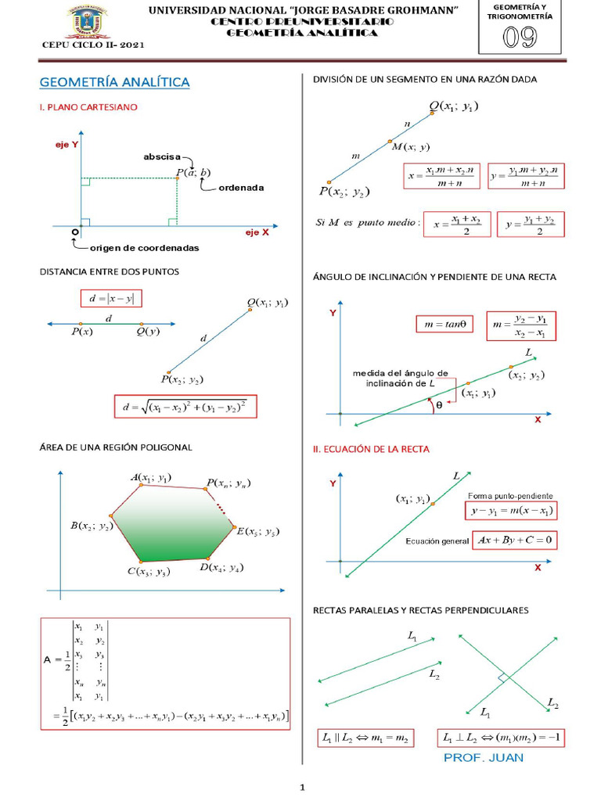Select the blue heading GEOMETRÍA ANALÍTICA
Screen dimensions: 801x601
click(x=114, y=82)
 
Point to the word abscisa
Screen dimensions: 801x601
click(x=162, y=156)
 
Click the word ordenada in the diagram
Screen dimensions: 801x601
click(x=241, y=188)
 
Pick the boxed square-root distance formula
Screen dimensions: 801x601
click(x=185, y=408)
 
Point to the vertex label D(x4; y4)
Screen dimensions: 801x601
click(x=221, y=567)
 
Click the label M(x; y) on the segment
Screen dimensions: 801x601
click(x=409, y=147)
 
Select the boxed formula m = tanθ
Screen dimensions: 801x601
click(x=444, y=324)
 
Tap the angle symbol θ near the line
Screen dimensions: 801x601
click(x=439, y=405)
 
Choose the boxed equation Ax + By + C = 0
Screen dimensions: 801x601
click(x=515, y=540)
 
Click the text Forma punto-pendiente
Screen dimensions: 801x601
click(x=510, y=496)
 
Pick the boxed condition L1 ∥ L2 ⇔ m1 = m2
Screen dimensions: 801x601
click(x=365, y=738)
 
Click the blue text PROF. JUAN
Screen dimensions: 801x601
click(x=483, y=757)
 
